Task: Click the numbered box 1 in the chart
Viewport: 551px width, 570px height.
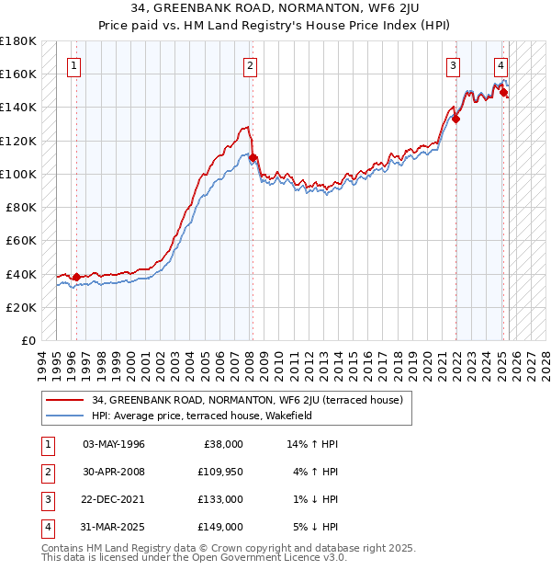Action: tap(73, 65)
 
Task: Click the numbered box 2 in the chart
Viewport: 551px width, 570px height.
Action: tap(250, 65)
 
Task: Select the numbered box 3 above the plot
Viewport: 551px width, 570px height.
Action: tap(453, 65)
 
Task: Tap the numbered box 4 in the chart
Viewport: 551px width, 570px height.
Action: tap(500, 65)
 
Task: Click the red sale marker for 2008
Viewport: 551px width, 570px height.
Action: tap(253, 157)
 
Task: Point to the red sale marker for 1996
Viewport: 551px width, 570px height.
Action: tap(76, 277)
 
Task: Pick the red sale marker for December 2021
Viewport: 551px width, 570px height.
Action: tap(455, 119)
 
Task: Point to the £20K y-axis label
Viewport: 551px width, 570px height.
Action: tap(20, 307)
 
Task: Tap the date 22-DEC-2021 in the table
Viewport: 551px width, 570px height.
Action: tap(113, 499)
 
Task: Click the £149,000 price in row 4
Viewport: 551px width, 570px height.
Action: tap(221, 527)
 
